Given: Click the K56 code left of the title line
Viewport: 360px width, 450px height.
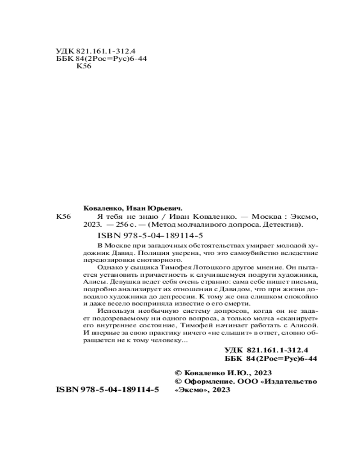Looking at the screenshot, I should click(63, 216).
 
